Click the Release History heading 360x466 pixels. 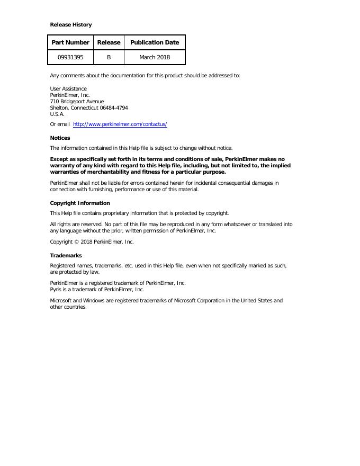point(70,24)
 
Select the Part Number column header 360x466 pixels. point(70,42)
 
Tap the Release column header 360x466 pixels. point(109,42)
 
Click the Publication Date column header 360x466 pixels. point(155,42)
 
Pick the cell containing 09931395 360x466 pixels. point(70,57)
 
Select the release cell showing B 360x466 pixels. point(109,57)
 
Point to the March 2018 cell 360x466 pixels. point(155,57)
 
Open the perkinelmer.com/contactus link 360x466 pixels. point(120,124)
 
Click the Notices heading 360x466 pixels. point(60,138)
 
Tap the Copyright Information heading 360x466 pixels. point(80,203)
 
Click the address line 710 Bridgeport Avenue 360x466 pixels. point(77,101)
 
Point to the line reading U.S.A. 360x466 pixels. point(57,114)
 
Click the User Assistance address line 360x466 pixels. point(68,88)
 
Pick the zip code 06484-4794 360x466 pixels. point(114,107)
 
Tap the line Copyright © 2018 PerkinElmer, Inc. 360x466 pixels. point(92,242)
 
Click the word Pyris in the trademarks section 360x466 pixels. point(56,290)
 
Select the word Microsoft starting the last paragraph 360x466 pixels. point(61,300)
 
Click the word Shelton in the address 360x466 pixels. point(59,107)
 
